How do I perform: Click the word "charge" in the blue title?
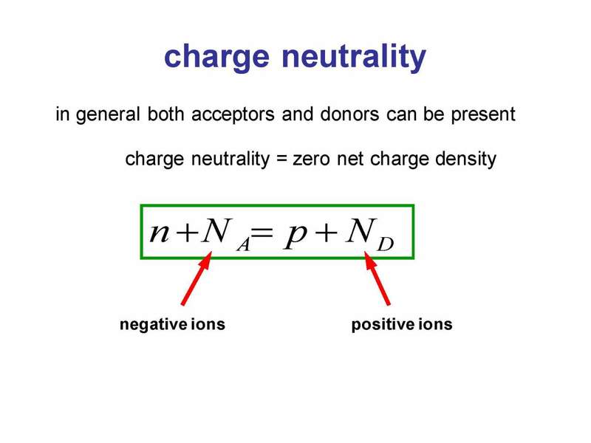click(216, 57)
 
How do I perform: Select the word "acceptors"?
click(233, 114)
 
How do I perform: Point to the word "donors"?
click(349, 114)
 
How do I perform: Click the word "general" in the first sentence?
click(108, 114)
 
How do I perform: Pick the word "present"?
click(483, 114)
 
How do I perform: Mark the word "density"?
click(465, 159)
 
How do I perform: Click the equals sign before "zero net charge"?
click(282, 159)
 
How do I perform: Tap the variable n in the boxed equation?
click(159, 232)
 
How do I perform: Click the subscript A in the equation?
click(244, 245)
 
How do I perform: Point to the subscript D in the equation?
click(385, 244)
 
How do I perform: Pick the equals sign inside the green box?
click(262, 233)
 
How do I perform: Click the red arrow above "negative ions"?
click(197, 278)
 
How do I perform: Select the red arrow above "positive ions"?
click(378, 278)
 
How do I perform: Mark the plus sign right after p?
click(326, 233)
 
